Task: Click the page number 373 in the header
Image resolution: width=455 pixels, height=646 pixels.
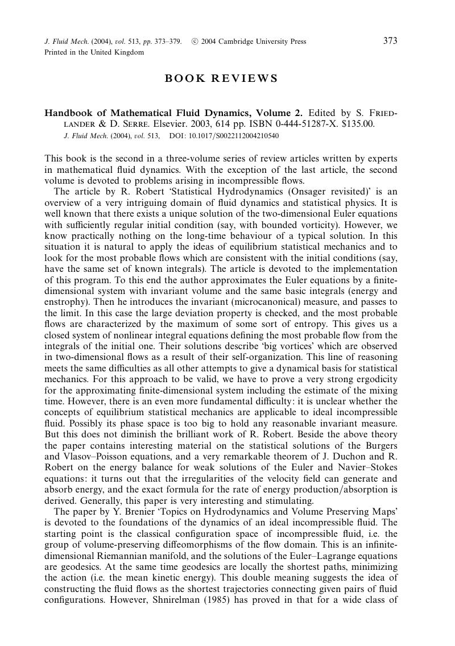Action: coord(390,41)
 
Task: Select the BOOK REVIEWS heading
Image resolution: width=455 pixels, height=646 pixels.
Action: coord(221,78)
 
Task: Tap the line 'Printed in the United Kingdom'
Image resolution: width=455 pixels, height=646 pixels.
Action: coord(94,52)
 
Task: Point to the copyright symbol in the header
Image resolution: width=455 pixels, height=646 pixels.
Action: coord(195,42)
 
